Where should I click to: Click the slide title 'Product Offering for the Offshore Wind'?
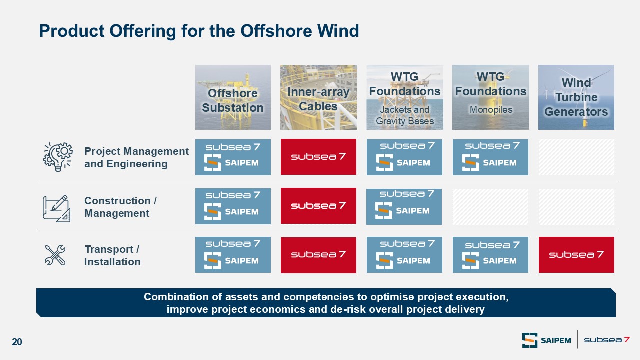[x=199, y=31]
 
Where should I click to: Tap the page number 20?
[x=17, y=342]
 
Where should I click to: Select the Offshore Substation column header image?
[x=233, y=97]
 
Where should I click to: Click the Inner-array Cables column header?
[x=318, y=97]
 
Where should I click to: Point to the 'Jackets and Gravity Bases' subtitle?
[x=405, y=115]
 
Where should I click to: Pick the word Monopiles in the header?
[x=491, y=109]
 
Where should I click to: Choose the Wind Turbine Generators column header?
[x=576, y=97]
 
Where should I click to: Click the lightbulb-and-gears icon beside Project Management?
[x=58, y=157]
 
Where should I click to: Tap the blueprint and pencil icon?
[x=56, y=209]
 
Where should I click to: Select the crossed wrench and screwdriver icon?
[x=55, y=255]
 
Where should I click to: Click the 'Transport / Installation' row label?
[x=112, y=255]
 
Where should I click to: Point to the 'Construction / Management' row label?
[x=120, y=207]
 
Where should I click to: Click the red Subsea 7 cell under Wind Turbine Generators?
[x=576, y=255]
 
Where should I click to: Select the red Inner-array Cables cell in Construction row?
[x=318, y=206]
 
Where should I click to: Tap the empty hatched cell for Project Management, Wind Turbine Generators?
[x=576, y=157]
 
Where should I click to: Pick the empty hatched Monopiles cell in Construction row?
[x=490, y=206]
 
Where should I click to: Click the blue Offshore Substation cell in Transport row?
[x=233, y=255]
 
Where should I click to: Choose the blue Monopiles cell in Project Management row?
[x=490, y=157]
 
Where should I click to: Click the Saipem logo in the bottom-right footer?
[x=546, y=340]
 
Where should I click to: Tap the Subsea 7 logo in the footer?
[x=607, y=340]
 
